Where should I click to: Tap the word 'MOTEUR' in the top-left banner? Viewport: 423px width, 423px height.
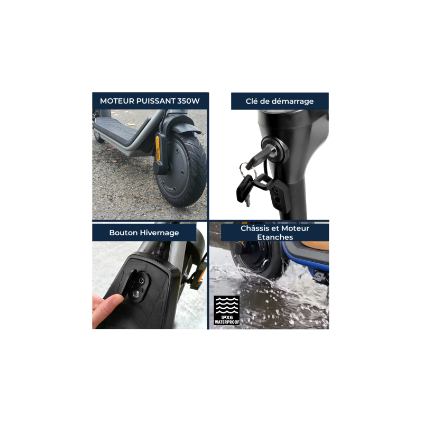click(117, 101)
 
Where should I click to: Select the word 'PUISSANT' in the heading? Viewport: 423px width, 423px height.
click(155, 101)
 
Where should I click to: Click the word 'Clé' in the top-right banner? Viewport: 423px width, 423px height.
click(252, 101)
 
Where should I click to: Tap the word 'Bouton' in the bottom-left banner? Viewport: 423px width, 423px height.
click(124, 233)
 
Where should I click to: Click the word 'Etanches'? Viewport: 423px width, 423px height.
click(275, 237)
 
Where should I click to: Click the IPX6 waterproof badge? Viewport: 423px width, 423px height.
click(227, 310)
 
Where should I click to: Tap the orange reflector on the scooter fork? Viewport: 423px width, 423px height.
click(158, 148)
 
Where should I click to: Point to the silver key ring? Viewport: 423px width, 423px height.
click(244, 169)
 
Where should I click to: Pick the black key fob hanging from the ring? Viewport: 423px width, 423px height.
click(244, 189)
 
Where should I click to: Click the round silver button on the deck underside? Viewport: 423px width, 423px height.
click(136, 294)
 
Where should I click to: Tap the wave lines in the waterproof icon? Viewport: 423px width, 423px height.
click(227, 306)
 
